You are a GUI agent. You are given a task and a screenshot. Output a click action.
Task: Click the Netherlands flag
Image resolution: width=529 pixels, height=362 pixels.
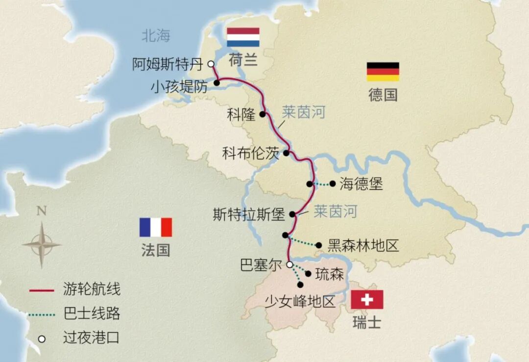243,37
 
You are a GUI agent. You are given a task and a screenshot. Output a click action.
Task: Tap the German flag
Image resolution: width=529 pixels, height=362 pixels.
383,72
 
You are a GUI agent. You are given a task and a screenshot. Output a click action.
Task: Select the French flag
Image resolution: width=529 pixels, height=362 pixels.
156,228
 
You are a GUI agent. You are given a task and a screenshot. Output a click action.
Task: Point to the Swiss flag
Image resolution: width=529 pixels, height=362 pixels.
367,300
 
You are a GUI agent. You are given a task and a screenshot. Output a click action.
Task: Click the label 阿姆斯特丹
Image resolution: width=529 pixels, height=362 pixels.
168,64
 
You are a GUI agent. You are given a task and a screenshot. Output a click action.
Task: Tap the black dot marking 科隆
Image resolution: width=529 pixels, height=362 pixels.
263,114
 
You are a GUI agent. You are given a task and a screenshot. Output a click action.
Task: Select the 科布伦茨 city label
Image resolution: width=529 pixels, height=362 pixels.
250,154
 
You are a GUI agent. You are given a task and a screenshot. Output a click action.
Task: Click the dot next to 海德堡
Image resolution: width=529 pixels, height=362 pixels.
333,184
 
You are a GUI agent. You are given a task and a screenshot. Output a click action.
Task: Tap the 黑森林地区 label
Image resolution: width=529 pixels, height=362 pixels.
363,245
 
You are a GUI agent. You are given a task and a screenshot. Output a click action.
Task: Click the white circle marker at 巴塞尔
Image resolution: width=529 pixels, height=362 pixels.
289,264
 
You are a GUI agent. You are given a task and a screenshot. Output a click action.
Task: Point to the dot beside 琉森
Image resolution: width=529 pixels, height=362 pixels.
309,274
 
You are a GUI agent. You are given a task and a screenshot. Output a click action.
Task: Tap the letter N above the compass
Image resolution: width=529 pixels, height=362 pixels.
42,211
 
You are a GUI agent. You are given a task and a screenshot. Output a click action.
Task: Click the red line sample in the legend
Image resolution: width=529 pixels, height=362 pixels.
41,290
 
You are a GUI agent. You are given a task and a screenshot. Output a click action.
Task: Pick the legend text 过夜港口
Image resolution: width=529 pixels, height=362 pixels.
92,338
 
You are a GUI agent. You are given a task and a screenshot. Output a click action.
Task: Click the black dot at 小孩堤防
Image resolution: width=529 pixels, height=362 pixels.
216,83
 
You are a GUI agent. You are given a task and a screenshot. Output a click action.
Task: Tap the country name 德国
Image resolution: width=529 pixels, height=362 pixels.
383,95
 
